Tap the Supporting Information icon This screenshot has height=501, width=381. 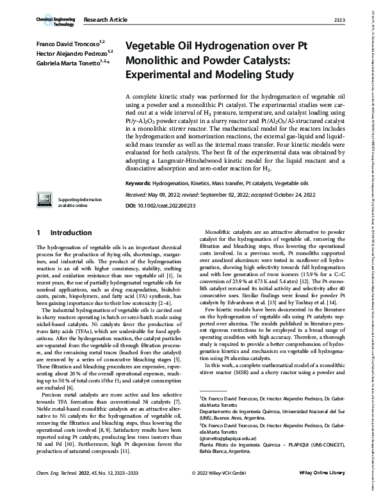(46, 183)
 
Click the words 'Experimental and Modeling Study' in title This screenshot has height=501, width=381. (204, 73)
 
